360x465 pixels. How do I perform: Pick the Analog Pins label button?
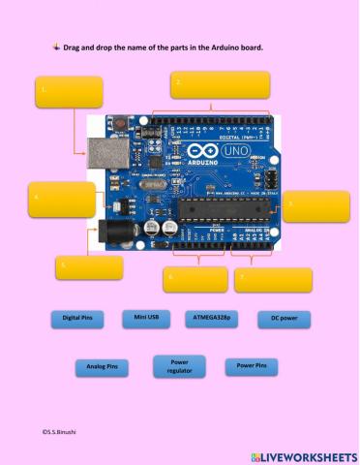pos(102,367)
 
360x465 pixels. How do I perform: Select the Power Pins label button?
pos(252,366)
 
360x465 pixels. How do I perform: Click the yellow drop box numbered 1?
pos(69,91)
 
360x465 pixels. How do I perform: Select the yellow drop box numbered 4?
pos(62,199)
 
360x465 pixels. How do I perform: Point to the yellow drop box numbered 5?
pos(88,266)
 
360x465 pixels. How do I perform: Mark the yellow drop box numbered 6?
pos(195,279)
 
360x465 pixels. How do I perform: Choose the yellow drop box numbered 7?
pos(273,279)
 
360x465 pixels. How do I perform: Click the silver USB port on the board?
pos(103,150)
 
